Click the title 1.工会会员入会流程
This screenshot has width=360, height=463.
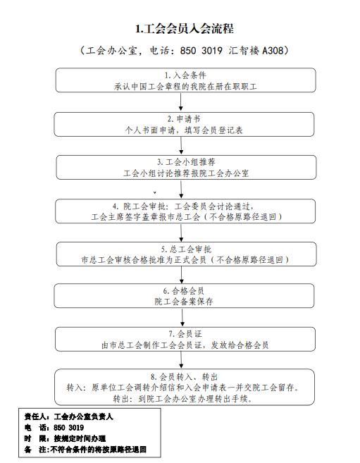(185, 29)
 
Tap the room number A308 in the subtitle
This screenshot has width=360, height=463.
(273, 51)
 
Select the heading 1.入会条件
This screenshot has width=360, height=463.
(185, 75)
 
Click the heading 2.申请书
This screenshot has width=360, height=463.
(184, 118)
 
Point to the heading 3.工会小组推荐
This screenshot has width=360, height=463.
(186, 162)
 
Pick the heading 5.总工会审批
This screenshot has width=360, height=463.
(186, 249)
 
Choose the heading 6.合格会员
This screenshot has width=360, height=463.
(184, 291)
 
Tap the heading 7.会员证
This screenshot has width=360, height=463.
(185, 334)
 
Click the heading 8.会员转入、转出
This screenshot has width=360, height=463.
(184, 377)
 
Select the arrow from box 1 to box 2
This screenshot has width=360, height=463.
(181, 102)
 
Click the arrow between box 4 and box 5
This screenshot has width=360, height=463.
(181, 233)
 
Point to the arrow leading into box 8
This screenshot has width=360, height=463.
(181, 360)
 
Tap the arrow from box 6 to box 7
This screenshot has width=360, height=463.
(182, 317)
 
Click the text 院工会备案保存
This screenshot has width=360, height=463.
(184, 302)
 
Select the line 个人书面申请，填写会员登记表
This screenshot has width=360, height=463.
(184, 130)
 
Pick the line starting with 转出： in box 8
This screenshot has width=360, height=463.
(183, 399)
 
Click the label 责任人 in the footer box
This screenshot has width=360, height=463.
(35, 416)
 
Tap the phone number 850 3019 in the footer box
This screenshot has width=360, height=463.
(68, 428)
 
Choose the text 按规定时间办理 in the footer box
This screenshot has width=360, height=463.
(80, 438)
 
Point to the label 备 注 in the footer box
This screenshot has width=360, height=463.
(35, 450)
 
